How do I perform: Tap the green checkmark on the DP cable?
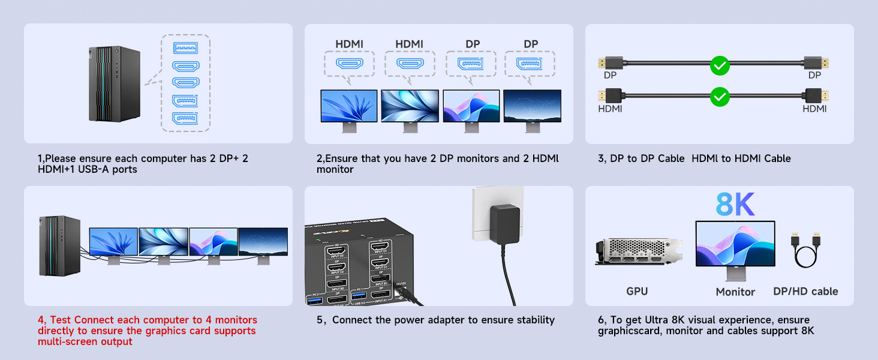pos(719,65)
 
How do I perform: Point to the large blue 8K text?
pos(735,205)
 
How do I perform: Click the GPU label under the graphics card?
pos(636,292)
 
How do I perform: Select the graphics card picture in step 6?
pos(639,253)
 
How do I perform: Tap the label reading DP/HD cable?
pos(806,292)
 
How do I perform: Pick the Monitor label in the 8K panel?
pos(735,292)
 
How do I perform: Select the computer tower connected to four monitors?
pos(59,245)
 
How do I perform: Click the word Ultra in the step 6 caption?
pos(656,320)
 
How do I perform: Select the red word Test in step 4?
pos(61,320)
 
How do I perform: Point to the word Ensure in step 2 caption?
pos(343,159)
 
